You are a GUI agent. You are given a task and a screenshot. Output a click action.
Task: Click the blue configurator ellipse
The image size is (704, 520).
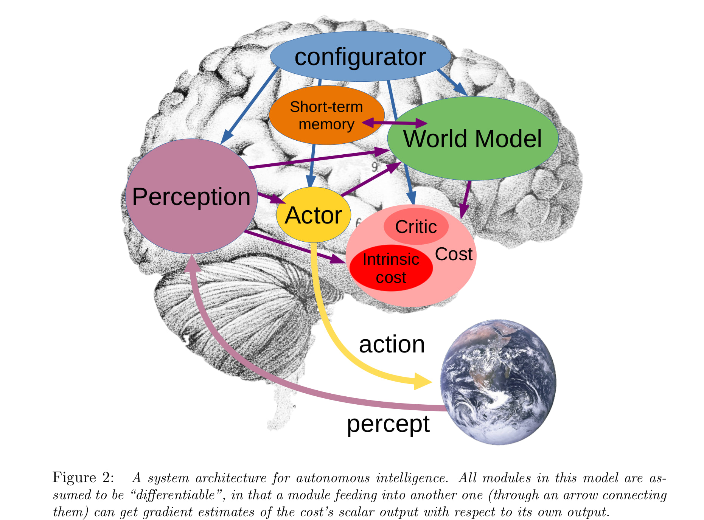pyautogui.click(x=360, y=57)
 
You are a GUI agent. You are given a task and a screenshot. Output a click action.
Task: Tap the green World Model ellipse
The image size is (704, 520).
pyautogui.click(x=472, y=139)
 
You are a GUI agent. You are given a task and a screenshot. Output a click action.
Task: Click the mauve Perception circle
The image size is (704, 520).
pyautogui.click(x=191, y=197)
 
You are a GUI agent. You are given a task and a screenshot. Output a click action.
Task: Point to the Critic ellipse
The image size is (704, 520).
pyautogui.click(x=416, y=227)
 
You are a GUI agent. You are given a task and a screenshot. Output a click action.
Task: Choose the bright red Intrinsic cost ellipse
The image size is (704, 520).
pyautogui.click(x=391, y=268)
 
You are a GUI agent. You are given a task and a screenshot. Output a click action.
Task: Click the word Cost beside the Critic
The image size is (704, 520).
pyautogui.click(x=454, y=254)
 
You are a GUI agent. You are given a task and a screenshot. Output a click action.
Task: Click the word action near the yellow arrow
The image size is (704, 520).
pyautogui.click(x=392, y=345)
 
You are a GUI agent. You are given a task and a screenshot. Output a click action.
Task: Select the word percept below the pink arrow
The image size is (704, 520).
pyautogui.click(x=388, y=424)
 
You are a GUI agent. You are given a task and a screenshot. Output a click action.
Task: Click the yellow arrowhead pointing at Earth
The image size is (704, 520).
pyautogui.click(x=423, y=381)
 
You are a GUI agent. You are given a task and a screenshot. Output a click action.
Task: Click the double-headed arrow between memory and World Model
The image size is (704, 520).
pyautogui.click(x=395, y=123)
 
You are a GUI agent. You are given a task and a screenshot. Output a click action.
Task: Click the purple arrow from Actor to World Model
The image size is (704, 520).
pyautogui.click(x=371, y=179)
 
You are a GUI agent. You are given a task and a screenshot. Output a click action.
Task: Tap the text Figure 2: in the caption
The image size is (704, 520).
pyautogui.click(x=83, y=477)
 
